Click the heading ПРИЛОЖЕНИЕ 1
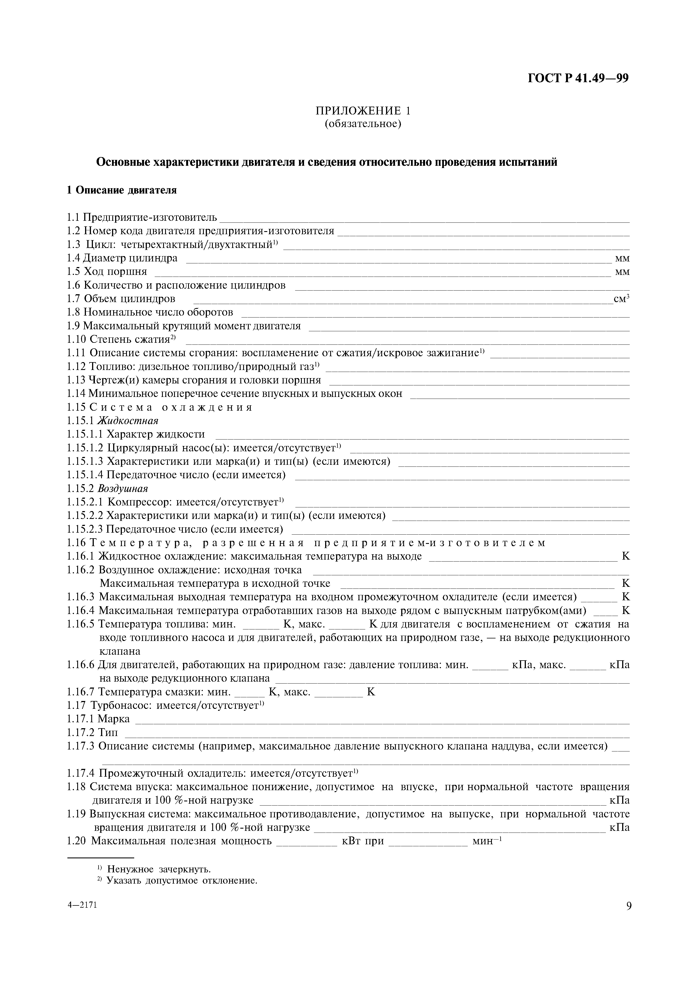(x=363, y=111)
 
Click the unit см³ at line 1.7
(x=621, y=299)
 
